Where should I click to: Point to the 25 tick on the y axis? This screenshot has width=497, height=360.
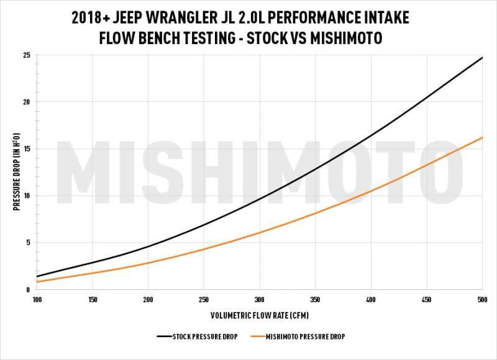pos(26,55)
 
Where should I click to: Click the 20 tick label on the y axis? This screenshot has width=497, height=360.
pos(26,102)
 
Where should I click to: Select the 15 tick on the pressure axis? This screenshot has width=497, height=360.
pos(26,149)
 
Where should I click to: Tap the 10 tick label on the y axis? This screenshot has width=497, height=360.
pos(26,196)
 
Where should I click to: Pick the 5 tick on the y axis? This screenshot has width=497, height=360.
pos(28,243)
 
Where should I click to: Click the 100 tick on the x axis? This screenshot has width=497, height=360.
pos(37,300)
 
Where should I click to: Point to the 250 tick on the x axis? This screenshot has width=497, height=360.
pos(204,300)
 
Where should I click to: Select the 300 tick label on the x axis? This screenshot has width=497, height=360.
pos(259,300)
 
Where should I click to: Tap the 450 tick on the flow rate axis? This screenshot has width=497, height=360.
pos(426,300)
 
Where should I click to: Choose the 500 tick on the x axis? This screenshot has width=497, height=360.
pos(481,300)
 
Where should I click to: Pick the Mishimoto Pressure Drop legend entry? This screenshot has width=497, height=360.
pos(297,336)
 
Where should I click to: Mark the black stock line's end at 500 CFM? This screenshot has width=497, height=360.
pos(482,58)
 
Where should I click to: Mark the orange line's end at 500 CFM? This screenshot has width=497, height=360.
pos(482,138)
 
